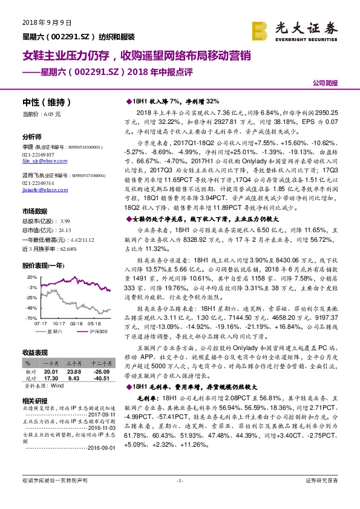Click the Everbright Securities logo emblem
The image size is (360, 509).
click(261, 30)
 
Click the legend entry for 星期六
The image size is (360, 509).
click(59, 331)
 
